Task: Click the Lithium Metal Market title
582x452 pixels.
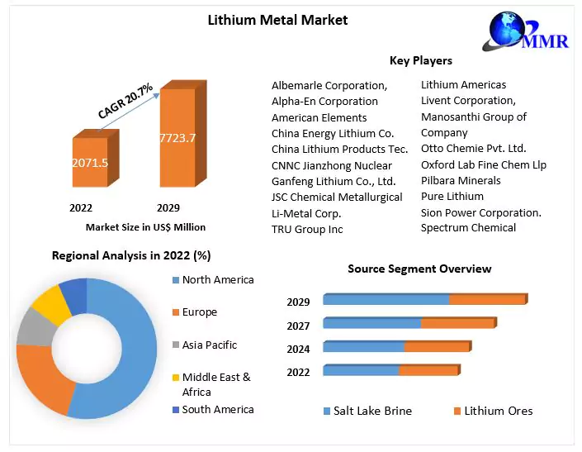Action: point(277,20)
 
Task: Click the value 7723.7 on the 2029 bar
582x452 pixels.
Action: point(177,138)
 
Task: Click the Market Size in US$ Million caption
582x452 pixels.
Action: point(145,226)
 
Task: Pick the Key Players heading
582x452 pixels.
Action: point(420,60)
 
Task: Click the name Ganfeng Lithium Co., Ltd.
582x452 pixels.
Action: point(334,181)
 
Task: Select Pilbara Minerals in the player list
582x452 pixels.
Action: point(461,180)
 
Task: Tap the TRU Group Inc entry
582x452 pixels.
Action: point(307,229)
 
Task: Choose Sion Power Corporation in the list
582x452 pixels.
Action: point(481,212)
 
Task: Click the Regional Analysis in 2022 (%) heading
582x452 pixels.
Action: point(131,255)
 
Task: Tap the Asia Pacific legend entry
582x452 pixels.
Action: point(209,345)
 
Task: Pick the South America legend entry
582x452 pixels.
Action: point(217,409)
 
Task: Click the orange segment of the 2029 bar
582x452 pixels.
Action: point(487,299)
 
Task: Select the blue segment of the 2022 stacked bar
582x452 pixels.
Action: point(361,370)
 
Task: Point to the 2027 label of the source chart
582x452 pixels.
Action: point(298,326)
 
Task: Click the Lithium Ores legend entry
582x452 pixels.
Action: point(498,411)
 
